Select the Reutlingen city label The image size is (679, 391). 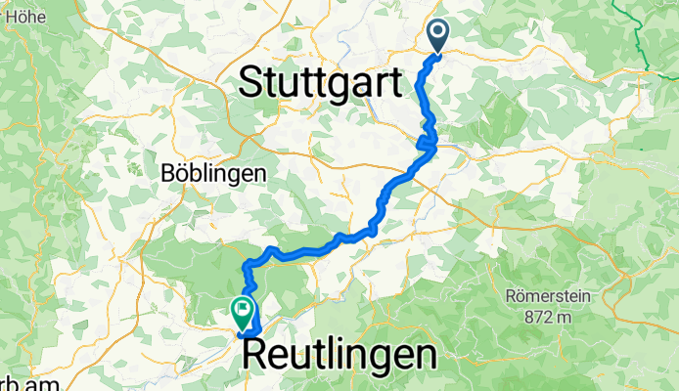(x=338, y=355)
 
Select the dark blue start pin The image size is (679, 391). (x=436, y=35)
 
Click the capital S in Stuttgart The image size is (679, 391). (x=251, y=81)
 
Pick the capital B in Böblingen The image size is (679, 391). (x=166, y=173)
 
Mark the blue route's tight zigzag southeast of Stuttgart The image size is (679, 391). (x=428, y=145)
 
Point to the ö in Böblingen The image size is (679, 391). (x=180, y=173)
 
